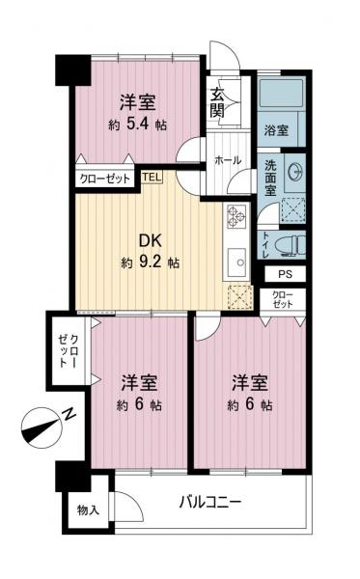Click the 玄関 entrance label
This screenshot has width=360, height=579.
point(218,101)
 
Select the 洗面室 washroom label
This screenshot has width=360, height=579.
point(272,177)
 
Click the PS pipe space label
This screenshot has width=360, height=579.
point(284,274)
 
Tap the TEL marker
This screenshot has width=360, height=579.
point(152,177)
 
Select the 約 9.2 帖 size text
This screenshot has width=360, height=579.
point(150,262)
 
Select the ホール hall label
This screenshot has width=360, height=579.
point(228,160)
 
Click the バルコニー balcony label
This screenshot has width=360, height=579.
point(209,503)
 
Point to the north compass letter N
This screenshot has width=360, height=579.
point(69,414)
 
